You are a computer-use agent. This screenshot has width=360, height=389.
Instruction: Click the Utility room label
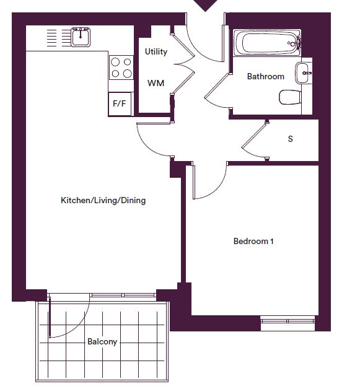click(x=156, y=52)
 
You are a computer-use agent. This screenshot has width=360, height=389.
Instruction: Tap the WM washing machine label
click(x=156, y=83)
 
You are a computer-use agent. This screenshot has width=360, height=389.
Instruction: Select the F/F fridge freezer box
click(x=120, y=103)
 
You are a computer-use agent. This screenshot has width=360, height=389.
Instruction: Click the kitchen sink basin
click(x=81, y=37)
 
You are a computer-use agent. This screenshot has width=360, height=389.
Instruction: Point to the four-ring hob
click(x=121, y=68)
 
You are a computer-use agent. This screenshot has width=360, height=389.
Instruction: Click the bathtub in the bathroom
click(x=267, y=43)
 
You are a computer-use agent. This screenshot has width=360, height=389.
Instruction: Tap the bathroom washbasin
click(x=303, y=73)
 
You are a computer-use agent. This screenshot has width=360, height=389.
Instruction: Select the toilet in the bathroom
click(x=290, y=97)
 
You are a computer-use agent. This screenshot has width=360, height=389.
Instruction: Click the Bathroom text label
click(x=265, y=76)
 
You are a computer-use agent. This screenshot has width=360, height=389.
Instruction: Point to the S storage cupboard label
click(x=290, y=139)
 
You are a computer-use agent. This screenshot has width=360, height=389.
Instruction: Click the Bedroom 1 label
click(x=253, y=241)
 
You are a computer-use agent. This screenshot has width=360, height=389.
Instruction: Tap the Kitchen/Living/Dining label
click(x=103, y=200)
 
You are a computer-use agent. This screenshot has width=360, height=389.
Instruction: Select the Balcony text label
click(x=102, y=342)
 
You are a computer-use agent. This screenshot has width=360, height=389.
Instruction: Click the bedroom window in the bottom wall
click(x=288, y=321)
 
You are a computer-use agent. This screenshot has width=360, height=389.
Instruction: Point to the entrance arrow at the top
click(x=205, y=5)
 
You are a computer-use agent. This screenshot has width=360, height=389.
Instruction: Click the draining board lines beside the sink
click(x=59, y=38)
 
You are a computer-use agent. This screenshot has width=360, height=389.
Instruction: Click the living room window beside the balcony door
click(x=123, y=295)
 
